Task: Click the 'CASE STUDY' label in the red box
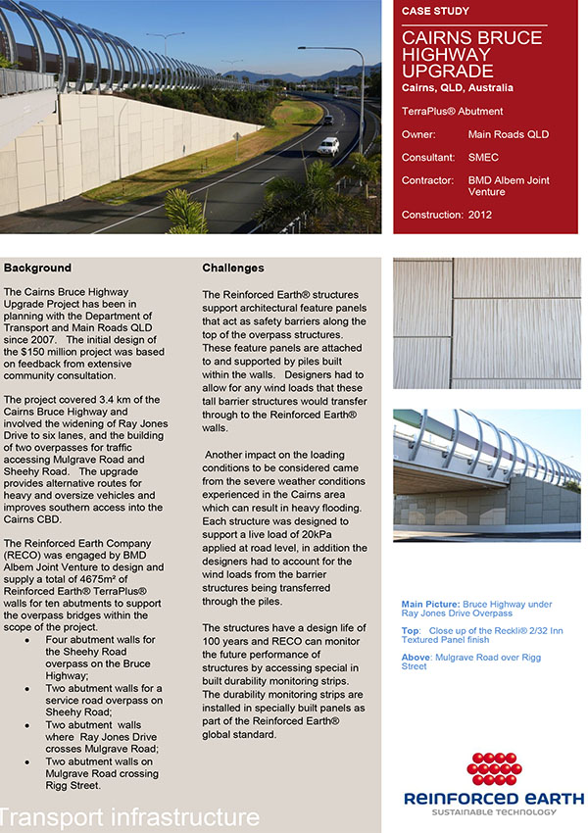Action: (x=435, y=12)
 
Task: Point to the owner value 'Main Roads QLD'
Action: (x=509, y=134)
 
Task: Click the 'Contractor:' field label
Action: (x=428, y=180)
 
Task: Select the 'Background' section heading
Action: (x=37, y=268)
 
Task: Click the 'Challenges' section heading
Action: (x=233, y=268)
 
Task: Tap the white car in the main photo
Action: (x=328, y=146)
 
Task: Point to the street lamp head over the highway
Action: (x=305, y=48)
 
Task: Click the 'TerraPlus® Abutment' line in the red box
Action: (x=452, y=112)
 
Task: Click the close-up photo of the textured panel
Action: (x=487, y=323)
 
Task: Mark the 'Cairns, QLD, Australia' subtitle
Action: (x=457, y=88)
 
